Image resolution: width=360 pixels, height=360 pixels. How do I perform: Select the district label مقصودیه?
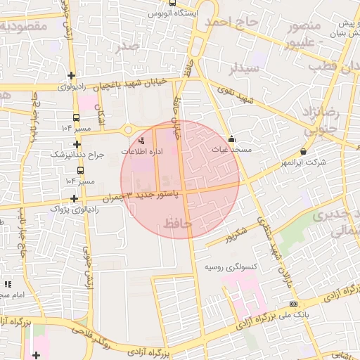click(x=24, y=27)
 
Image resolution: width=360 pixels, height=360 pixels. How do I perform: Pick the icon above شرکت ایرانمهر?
click(x=303, y=151)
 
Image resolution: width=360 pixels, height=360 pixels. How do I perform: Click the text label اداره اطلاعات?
click(x=142, y=152)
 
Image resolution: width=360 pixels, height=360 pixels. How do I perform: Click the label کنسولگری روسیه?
click(x=231, y=267)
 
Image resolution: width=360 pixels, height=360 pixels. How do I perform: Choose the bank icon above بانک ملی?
click(x=293, y=304)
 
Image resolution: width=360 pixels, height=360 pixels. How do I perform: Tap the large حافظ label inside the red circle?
click(x=178, y=224)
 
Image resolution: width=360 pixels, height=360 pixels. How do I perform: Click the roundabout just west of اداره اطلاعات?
click(x=129, y=129)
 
